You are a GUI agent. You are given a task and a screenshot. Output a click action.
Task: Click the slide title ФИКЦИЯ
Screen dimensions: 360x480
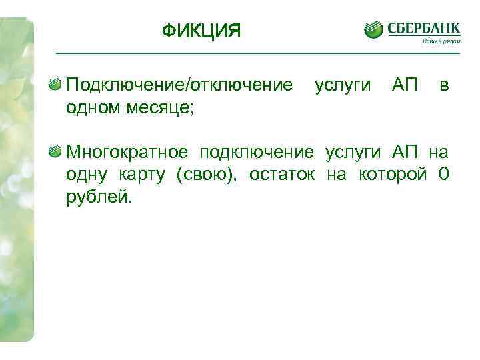click(x=201, y=31)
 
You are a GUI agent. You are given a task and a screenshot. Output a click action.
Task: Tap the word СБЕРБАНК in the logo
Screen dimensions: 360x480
click(x=423, y=29)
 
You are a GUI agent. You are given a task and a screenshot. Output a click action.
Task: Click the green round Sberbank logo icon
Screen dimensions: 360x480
click(x=373, y=30)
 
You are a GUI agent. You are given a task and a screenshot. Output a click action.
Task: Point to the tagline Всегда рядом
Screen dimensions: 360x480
click(x=441, y=41)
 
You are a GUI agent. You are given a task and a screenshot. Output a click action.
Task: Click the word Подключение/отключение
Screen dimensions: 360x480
click(x=179, y=85)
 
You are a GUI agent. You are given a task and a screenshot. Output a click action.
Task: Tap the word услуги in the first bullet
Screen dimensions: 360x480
click(x=341, y=85)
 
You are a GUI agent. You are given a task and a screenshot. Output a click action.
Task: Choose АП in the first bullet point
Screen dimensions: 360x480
click(x=405, y=85)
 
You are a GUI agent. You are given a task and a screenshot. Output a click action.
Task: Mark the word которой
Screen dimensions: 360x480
click(x=393, y=175)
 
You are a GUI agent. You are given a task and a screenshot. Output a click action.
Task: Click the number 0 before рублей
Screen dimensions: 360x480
click(x=444, y=175)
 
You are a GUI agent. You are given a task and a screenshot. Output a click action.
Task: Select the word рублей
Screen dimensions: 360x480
click(x=99, y=197)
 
